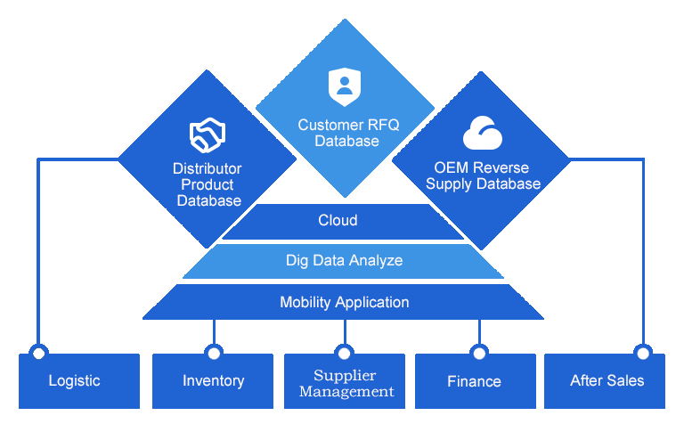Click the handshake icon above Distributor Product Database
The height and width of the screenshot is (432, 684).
[208, 135]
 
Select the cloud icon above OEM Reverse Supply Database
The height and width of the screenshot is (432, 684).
[483, 134]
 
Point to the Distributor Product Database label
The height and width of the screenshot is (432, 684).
[208, 184]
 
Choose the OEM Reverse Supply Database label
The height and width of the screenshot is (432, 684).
[483, 175]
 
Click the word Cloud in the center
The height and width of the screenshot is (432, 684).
[338, 220]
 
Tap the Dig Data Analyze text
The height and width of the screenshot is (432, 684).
[344, 260]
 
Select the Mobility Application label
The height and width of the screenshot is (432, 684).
[345, 302]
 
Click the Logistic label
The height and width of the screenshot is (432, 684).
[74, 380]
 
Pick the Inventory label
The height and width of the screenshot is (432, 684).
[213, 380]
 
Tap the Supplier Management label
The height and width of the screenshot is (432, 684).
[346, 383]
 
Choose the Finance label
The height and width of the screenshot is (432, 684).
[474, 381]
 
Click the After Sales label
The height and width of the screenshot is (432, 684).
[607, 380]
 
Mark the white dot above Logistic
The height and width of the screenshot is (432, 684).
[39, 354]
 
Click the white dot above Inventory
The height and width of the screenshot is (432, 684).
[214, 354]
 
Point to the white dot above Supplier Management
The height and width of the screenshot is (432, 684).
[345, 354]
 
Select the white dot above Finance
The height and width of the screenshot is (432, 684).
[479, 354]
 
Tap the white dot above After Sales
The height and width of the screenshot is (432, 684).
[643, 354]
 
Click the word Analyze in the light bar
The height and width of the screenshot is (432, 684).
[376, 260]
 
